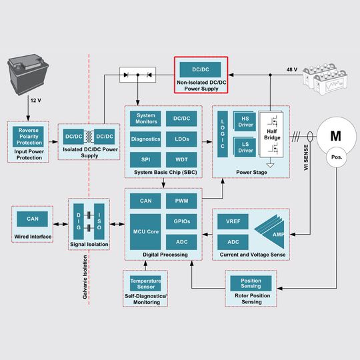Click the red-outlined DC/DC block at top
click(201, 69)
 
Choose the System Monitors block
click(145, 119)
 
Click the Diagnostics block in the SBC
click(145, 139)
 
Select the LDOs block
click(181, 139)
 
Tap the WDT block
click(181, 160)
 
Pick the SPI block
click(145, 160)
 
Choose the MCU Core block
click(145, 231)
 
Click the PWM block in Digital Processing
click(181, 201)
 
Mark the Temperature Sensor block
click(145, 283)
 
